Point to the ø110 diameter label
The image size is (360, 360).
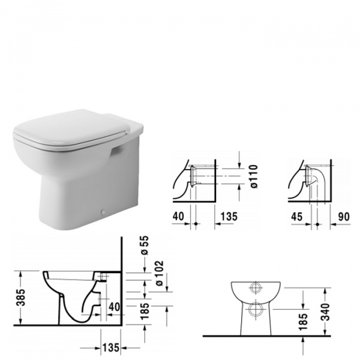pyautogui.click(x=254, y=178)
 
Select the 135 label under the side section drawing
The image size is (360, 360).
pyautogui.click(x=109, y=347)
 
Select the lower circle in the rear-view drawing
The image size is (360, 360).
pyautogui.click(x=257, y=310)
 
